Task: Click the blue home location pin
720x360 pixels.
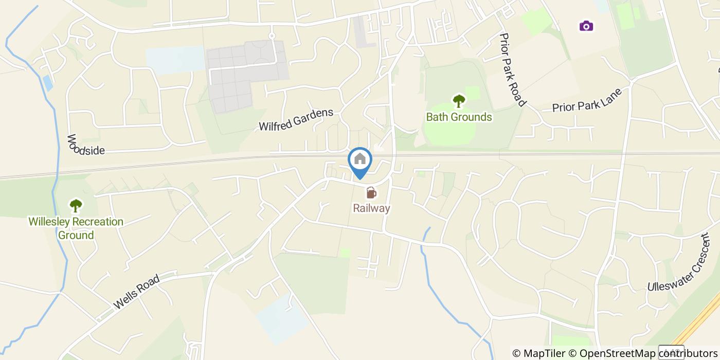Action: tap(360, 161)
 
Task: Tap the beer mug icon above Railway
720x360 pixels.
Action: tap(371, 193)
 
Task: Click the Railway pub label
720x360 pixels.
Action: tap(371, 208)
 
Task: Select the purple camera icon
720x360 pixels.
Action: tap(586, 26)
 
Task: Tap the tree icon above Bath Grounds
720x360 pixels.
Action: tap(458, 101)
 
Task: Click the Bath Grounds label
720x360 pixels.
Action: tap(459, 117)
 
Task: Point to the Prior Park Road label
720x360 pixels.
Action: tap(513, 70)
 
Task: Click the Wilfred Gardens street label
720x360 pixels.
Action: tap(296, 119)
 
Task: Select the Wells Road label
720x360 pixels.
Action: tap(137, 292)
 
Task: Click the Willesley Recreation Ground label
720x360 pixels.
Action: tap(76, 228)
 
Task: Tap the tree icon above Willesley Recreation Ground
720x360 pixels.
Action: tap(76, 206)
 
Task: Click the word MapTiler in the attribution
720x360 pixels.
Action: tap(544, 353)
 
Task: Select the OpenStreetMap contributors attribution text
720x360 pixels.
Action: tap(648, 353)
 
